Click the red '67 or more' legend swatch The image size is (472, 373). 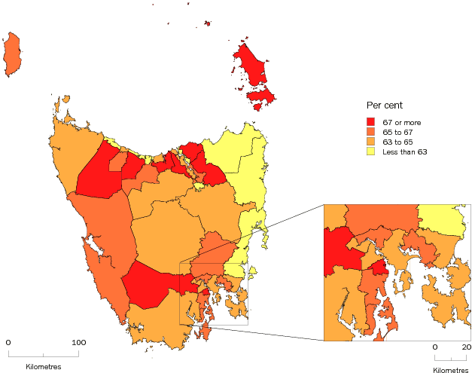370,121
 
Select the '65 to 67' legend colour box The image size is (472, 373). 370,132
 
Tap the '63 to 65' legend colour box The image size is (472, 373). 370,142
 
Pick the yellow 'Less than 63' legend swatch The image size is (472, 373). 370,152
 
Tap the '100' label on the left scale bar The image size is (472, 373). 78,342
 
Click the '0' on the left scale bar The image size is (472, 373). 8,342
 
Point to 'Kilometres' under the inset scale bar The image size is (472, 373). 450,370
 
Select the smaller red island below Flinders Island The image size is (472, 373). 260,97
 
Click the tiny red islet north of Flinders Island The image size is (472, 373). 207,23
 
